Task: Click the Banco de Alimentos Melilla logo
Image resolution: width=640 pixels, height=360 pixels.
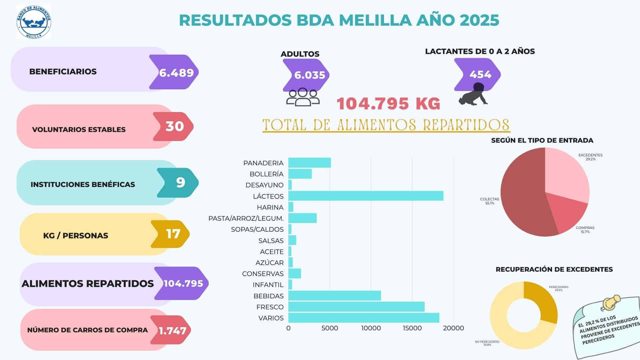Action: pos(34,22)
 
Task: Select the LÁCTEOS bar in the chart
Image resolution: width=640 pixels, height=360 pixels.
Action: pos(366,196)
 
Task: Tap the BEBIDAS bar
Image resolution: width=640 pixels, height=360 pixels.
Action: pos(334,296)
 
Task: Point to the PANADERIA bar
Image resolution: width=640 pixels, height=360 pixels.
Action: pos(309,163)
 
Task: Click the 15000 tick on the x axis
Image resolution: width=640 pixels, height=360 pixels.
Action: pos(412,328)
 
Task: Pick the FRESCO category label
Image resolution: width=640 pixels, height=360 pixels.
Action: pos(270,307)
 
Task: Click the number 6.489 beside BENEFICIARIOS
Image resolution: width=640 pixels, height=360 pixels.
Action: pos(176,72)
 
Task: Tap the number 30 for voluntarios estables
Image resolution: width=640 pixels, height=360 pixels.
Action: pos(175,126)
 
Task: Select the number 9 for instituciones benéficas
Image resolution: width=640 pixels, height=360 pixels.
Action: pos(180,183)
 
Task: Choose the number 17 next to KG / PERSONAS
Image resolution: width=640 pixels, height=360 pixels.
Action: pos(173,234)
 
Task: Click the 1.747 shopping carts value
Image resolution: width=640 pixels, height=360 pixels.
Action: pos(172,331)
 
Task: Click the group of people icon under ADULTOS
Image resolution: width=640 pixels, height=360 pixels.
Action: pos(303,97)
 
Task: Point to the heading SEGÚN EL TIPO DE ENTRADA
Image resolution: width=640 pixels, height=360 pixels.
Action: pos(542,140)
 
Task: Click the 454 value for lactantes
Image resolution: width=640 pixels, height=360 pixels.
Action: pos(480,74)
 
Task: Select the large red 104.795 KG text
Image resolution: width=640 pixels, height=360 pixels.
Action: pos(388,104)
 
